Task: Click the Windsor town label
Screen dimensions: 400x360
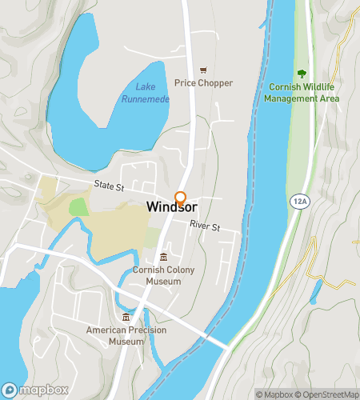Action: pyautogui.click(x=171, y=207)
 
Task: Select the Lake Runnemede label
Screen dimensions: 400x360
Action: pyautogui.click(x=145, y=93)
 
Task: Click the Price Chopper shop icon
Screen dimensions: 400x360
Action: pyautogui.click(x=204, y=70)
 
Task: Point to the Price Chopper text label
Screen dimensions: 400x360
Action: pyautogui.click(x=204, y=83)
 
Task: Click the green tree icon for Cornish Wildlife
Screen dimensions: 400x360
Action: pyautogui.click(x=301, y=73)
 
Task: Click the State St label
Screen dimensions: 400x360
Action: pyautogui.click(x=109, y=186)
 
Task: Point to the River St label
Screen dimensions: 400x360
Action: pyautogui.click(x=205, y=226)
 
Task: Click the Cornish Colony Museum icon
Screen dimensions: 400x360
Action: pyautogui.click(x=163, y=257)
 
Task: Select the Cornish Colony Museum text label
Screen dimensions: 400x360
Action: pyautogui.click(x=164, y=276)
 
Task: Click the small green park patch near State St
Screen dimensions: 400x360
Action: pyautogui.click(x=78, y=206)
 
